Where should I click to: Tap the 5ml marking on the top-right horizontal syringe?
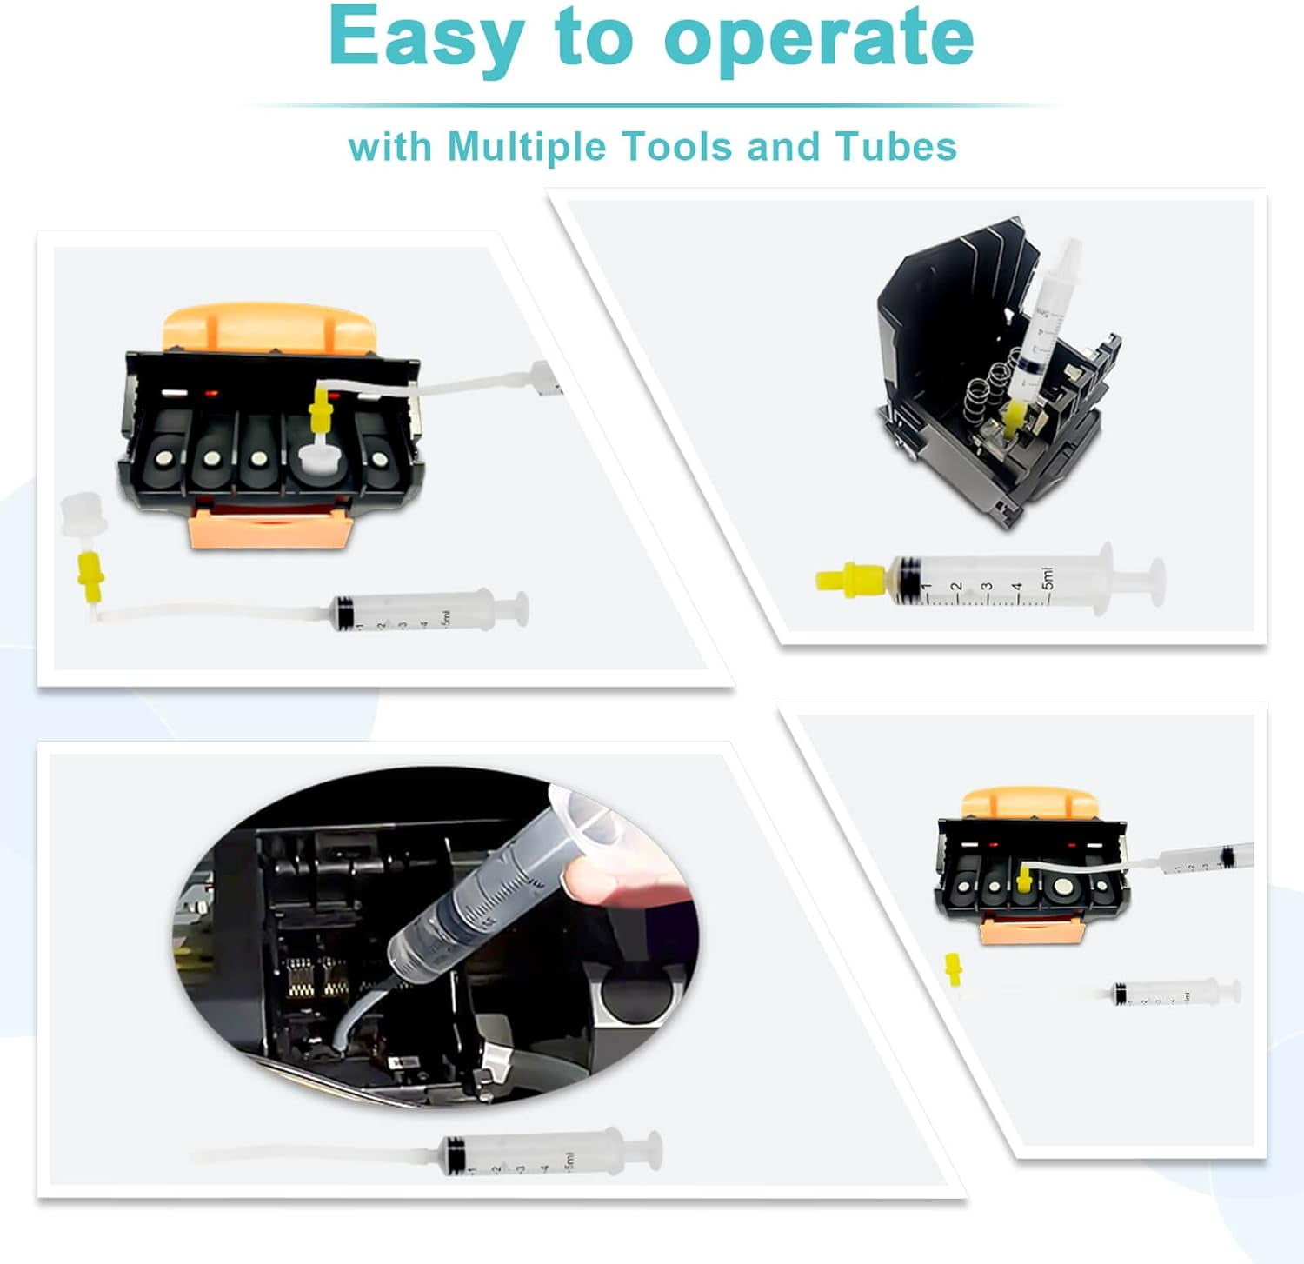click(1047, 577)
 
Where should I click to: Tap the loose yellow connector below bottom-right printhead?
click(955, 968)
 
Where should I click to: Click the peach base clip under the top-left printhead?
click(269, 529)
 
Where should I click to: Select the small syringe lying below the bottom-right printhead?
click(1174, 992)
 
